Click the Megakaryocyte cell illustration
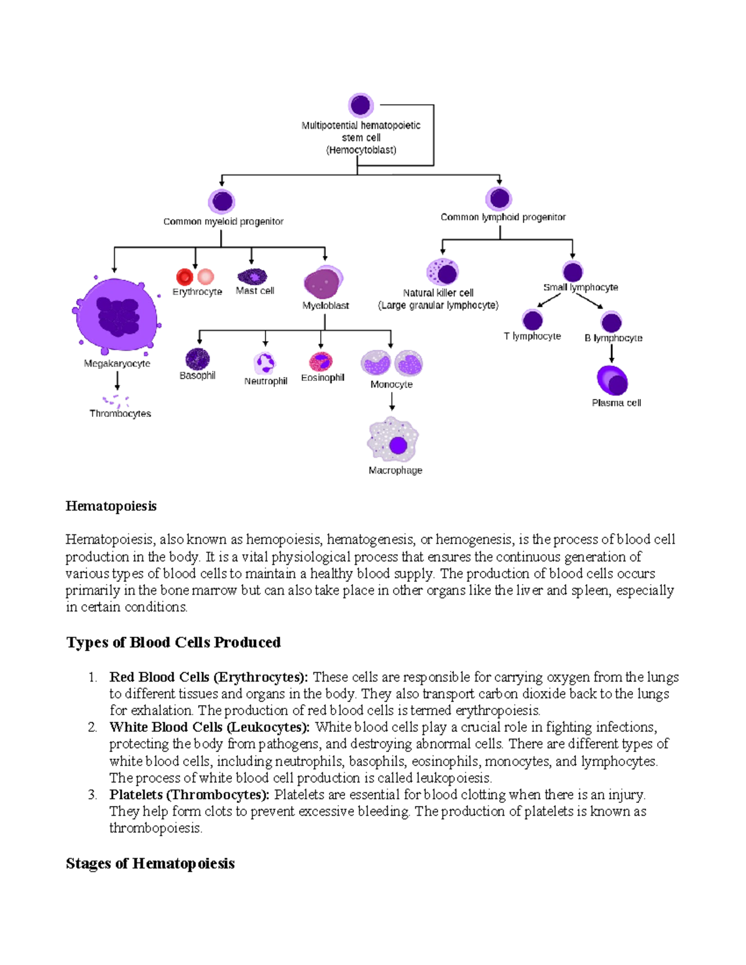[x=116, y=316]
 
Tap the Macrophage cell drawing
[x=392, y=440]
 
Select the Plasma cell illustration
[x=612, y=380]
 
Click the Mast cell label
[x=255, y=291]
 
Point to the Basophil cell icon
[x=198, y=359]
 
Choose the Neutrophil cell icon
[x=265, y=363]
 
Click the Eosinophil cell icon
[x=321, y=362]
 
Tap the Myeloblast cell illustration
[x=323, y=283]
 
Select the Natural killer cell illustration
[x=443, y=272]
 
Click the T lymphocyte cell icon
[x=532, y=320]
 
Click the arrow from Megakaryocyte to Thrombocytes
[x=117, y=380]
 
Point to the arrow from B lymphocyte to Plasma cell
[x=612, y=353]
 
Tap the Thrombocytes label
[x=120, y=414]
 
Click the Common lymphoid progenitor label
[x=503, y=217]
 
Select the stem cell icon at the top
[x=361, y=105]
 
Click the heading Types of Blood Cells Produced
[x=173, y=643]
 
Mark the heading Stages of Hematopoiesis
[x=150, y=864]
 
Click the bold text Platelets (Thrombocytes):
[x=190, y=795]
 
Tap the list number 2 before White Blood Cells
[x=92, y=728]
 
